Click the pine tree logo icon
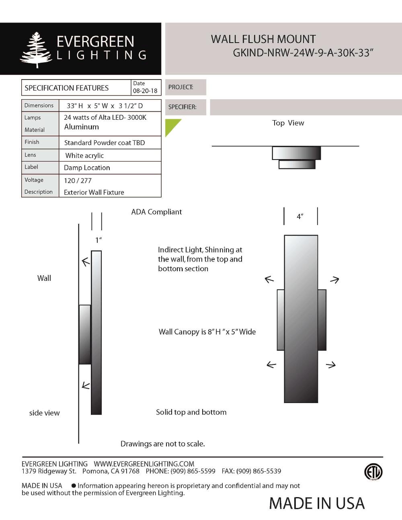pos(36,50)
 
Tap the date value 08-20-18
pos(145,91)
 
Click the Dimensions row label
pos(39,105)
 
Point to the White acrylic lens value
pos(84,156)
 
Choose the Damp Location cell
pos(87,168)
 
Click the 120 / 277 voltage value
pos(78,180)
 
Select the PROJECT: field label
pos(180,87)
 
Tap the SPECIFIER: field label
pos(182,107)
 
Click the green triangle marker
pos(171,125)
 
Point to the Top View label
pos(288,123)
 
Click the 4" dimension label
pos(300,217)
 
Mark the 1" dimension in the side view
pos(98,240)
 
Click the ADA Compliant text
pos(156,212)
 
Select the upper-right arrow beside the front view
pos(334,280)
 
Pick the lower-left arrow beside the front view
pos(271,364)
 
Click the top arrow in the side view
pos(86,262)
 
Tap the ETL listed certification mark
pos(373,472)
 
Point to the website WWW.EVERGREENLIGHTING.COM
pos(144,464)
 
